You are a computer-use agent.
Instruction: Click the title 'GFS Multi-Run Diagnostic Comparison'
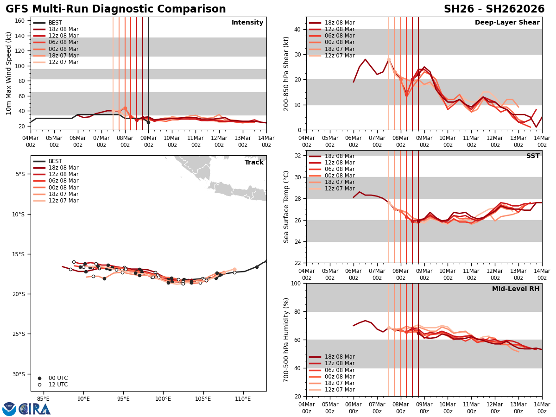click(116, 9)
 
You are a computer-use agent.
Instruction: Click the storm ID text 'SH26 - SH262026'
click(494, 9)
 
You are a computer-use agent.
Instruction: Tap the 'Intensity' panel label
click(247, 23)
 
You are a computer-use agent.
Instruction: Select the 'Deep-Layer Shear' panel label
click(507, 23)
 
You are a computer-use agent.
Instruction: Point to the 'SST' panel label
click(533, 156)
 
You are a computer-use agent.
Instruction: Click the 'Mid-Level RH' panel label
click(516, 289)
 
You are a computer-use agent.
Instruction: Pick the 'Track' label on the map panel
click(254, 163)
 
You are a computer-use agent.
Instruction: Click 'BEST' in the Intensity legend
click(55, 23)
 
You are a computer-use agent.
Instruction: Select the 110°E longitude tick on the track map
click(244, 399)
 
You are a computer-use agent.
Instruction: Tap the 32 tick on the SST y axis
click(298, 156)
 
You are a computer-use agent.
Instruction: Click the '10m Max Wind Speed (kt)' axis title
click(9, 73)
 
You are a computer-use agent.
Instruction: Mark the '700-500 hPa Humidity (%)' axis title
click(287, 340)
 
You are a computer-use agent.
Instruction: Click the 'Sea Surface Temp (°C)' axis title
click(287, 207)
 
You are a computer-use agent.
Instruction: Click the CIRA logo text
click(35, 409)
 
